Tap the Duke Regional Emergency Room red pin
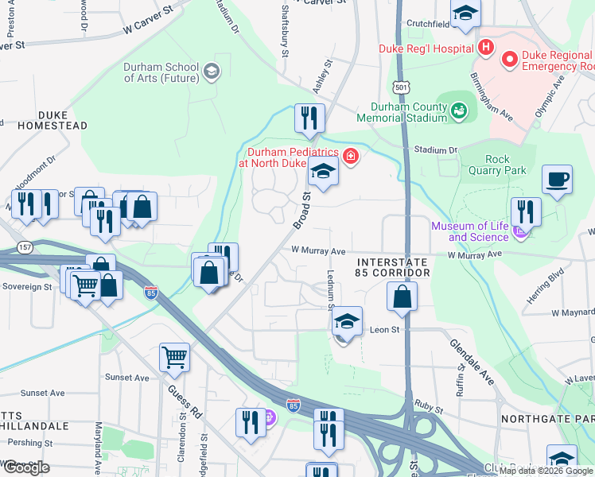[509, 59]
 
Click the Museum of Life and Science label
[469, 231]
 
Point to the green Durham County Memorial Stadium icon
[459, 112]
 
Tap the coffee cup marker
[557, 180]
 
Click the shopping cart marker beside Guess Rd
[174, 357]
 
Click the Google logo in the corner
[25, 467]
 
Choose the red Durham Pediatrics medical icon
[351, 156]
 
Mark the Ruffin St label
[461, 376]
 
